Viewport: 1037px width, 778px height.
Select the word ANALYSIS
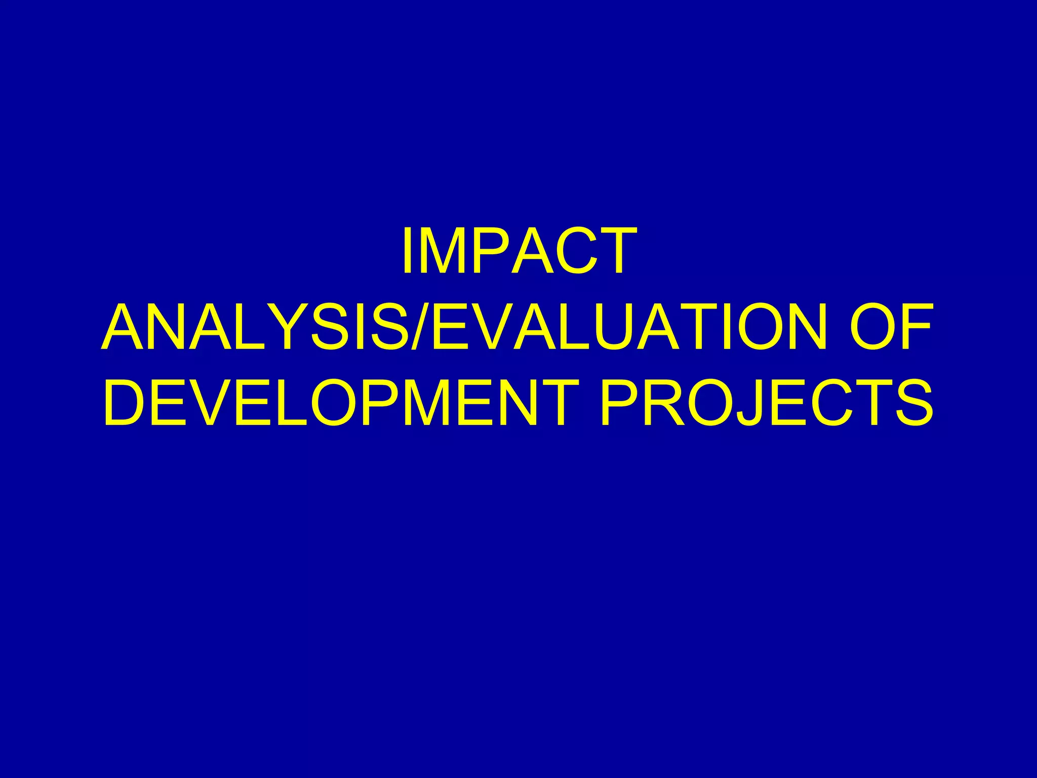coord(253,327)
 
